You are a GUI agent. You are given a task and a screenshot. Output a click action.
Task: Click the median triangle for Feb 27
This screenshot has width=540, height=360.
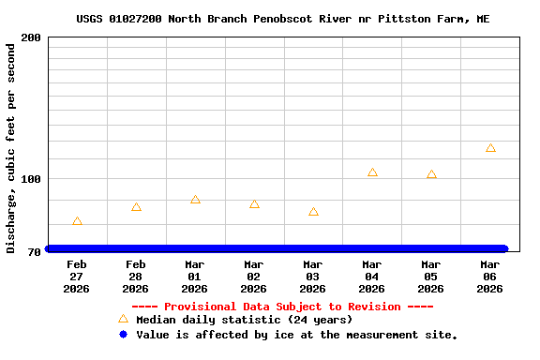point(77,221)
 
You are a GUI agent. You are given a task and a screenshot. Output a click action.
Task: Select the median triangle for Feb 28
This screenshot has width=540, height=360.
point(136,207)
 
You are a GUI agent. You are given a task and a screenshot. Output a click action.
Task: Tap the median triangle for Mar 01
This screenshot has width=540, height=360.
point(195,200)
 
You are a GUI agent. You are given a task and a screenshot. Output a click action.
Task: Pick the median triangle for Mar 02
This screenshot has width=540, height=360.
point(254,204)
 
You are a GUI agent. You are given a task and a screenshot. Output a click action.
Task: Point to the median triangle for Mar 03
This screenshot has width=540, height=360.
point(313,212)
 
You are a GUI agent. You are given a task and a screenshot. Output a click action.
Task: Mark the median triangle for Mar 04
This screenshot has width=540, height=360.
point(372,172)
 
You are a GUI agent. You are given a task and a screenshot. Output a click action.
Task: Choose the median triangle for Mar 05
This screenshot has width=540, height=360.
point(431,174)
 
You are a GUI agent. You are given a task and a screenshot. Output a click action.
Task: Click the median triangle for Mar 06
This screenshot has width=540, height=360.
point(490,148)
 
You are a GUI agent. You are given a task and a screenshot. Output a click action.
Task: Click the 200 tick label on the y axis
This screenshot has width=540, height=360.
point(30,37)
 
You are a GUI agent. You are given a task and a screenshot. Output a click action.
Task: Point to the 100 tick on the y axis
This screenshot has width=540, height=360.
point(30,179)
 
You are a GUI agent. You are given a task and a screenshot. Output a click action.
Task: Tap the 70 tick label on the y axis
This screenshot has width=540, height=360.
point(34,252)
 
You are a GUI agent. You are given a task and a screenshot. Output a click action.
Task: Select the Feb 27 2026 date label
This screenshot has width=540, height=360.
point(77,277)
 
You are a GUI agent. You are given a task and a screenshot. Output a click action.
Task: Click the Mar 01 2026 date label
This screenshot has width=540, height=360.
point(195,277)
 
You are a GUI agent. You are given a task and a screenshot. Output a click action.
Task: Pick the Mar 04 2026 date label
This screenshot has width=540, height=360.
point(372,277)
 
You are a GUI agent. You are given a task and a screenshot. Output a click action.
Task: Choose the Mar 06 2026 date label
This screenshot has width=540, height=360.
point(490,277)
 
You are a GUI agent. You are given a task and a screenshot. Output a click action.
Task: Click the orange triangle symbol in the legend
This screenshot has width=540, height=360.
point(123,319)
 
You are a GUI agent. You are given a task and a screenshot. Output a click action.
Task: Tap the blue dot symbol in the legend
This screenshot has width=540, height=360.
point(123,335)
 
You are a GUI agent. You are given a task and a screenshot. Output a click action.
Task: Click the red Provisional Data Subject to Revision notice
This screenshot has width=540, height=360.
point(282,307)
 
